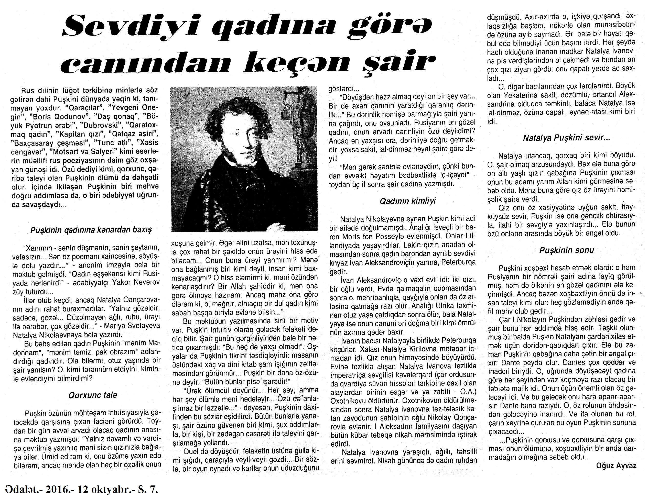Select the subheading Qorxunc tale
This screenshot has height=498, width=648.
pos(93,395)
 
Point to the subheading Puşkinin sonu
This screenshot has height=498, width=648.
pos(566,250)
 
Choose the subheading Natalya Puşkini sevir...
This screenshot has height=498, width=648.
pos(566,138)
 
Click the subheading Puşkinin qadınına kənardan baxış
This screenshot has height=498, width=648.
pos(91,230)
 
